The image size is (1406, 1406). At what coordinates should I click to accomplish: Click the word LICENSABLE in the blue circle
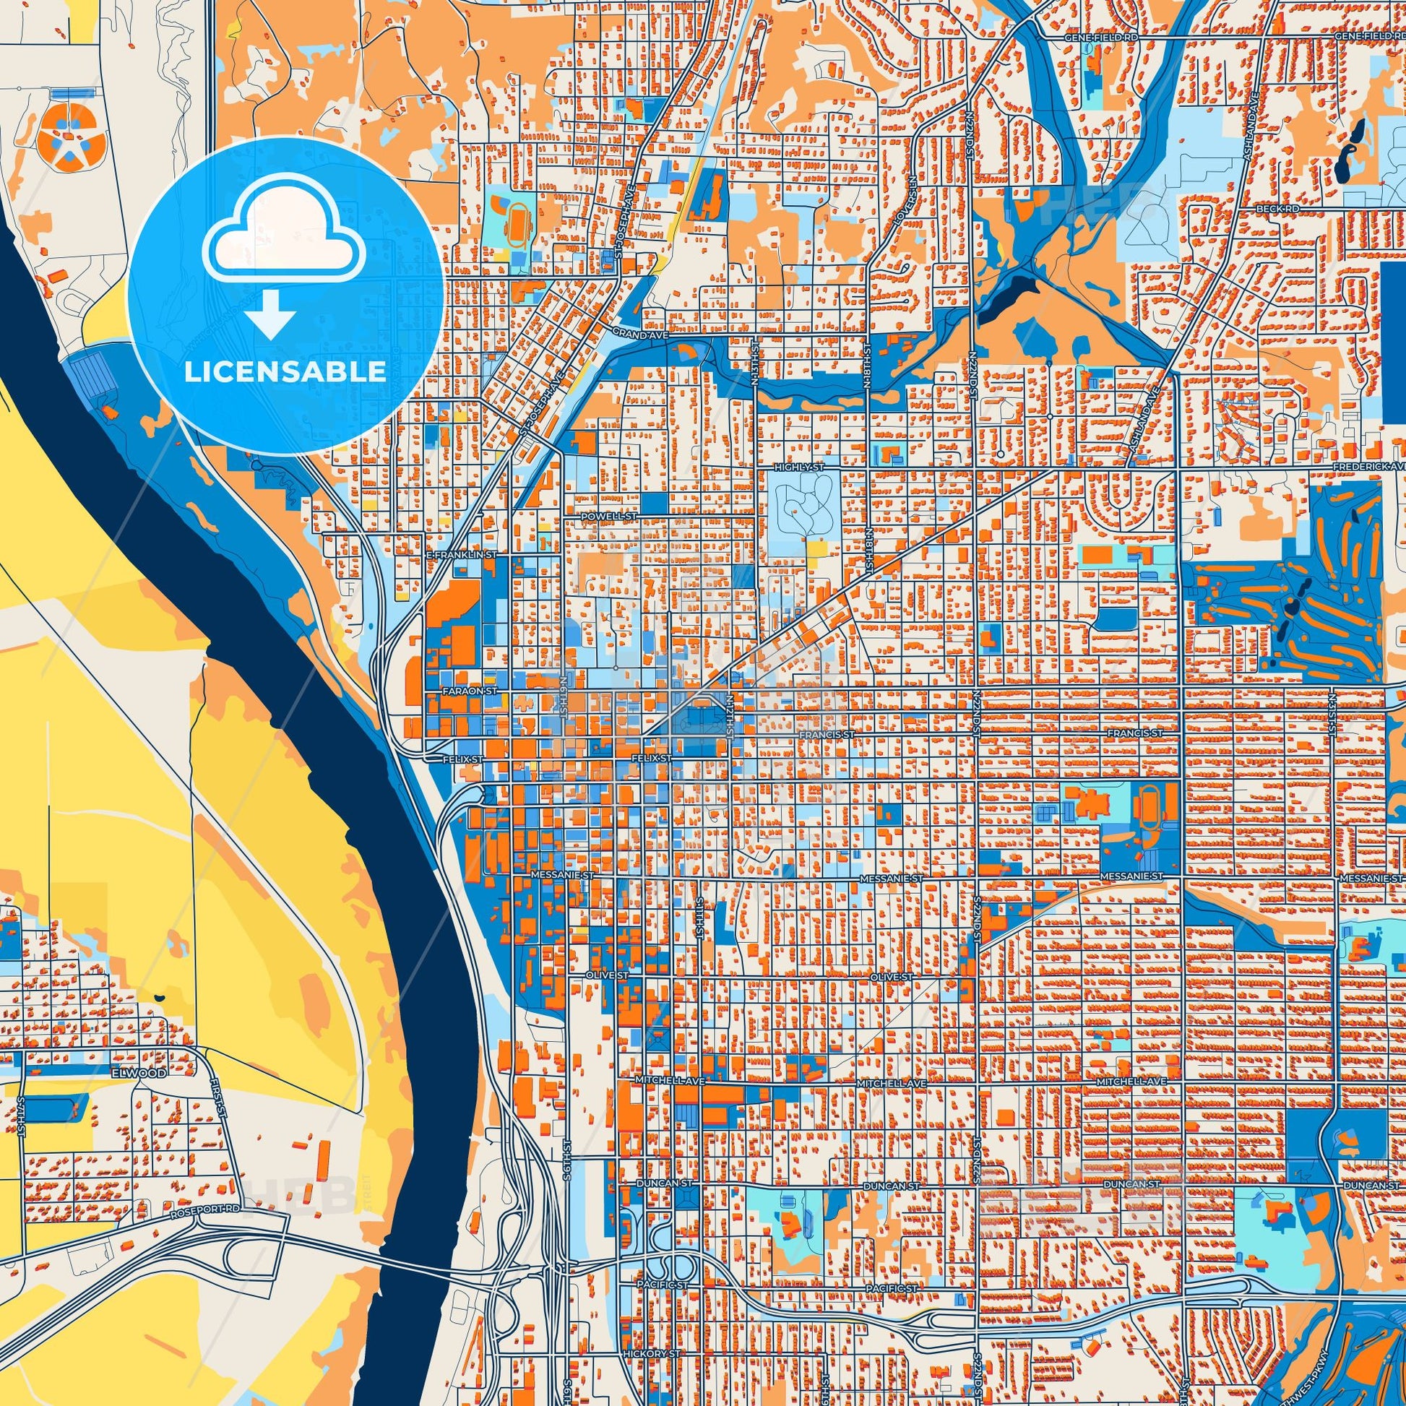285,371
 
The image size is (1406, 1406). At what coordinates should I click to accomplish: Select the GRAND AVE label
629,332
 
